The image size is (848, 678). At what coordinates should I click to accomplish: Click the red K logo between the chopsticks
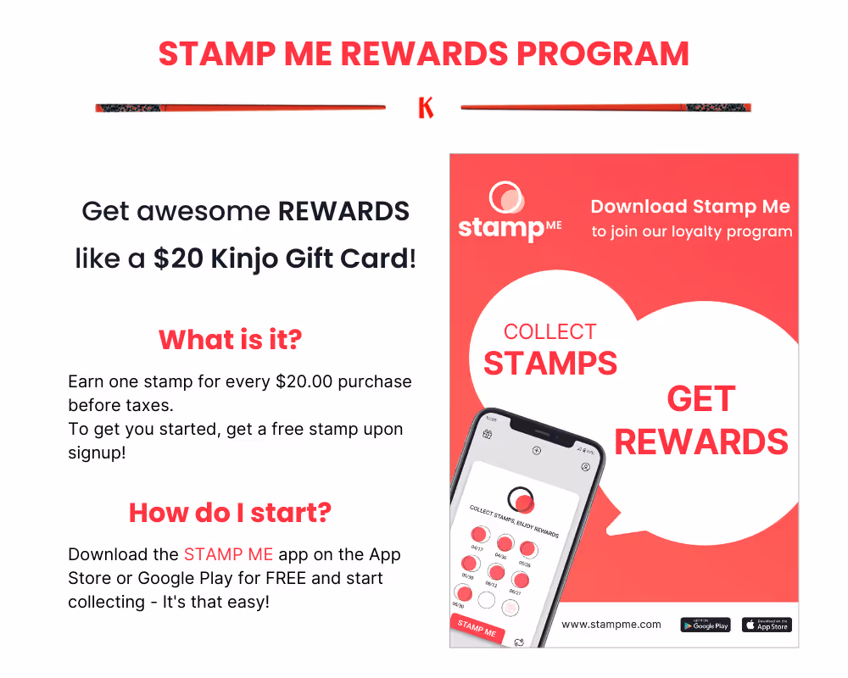426,108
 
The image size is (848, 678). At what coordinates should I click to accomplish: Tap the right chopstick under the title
605,108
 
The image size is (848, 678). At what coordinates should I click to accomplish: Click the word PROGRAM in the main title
603,54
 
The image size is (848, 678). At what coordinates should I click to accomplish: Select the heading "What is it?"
230,340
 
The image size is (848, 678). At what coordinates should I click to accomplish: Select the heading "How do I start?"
230,512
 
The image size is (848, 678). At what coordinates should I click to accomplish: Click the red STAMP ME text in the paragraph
228,555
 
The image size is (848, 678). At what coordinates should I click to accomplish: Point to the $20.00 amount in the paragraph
308,381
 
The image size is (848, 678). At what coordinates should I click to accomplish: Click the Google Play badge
705,625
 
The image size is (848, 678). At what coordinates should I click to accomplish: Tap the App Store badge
767,625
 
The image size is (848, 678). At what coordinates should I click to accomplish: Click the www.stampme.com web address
611,625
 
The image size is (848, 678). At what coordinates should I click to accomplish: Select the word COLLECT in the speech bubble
550,331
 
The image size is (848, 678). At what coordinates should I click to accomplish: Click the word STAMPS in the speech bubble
550,363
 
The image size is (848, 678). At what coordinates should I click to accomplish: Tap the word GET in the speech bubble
700,399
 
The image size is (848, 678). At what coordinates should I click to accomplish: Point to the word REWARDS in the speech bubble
700,442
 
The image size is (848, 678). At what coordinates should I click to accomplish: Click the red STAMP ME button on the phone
477,629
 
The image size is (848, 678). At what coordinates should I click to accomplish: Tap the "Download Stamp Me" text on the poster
690,207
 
